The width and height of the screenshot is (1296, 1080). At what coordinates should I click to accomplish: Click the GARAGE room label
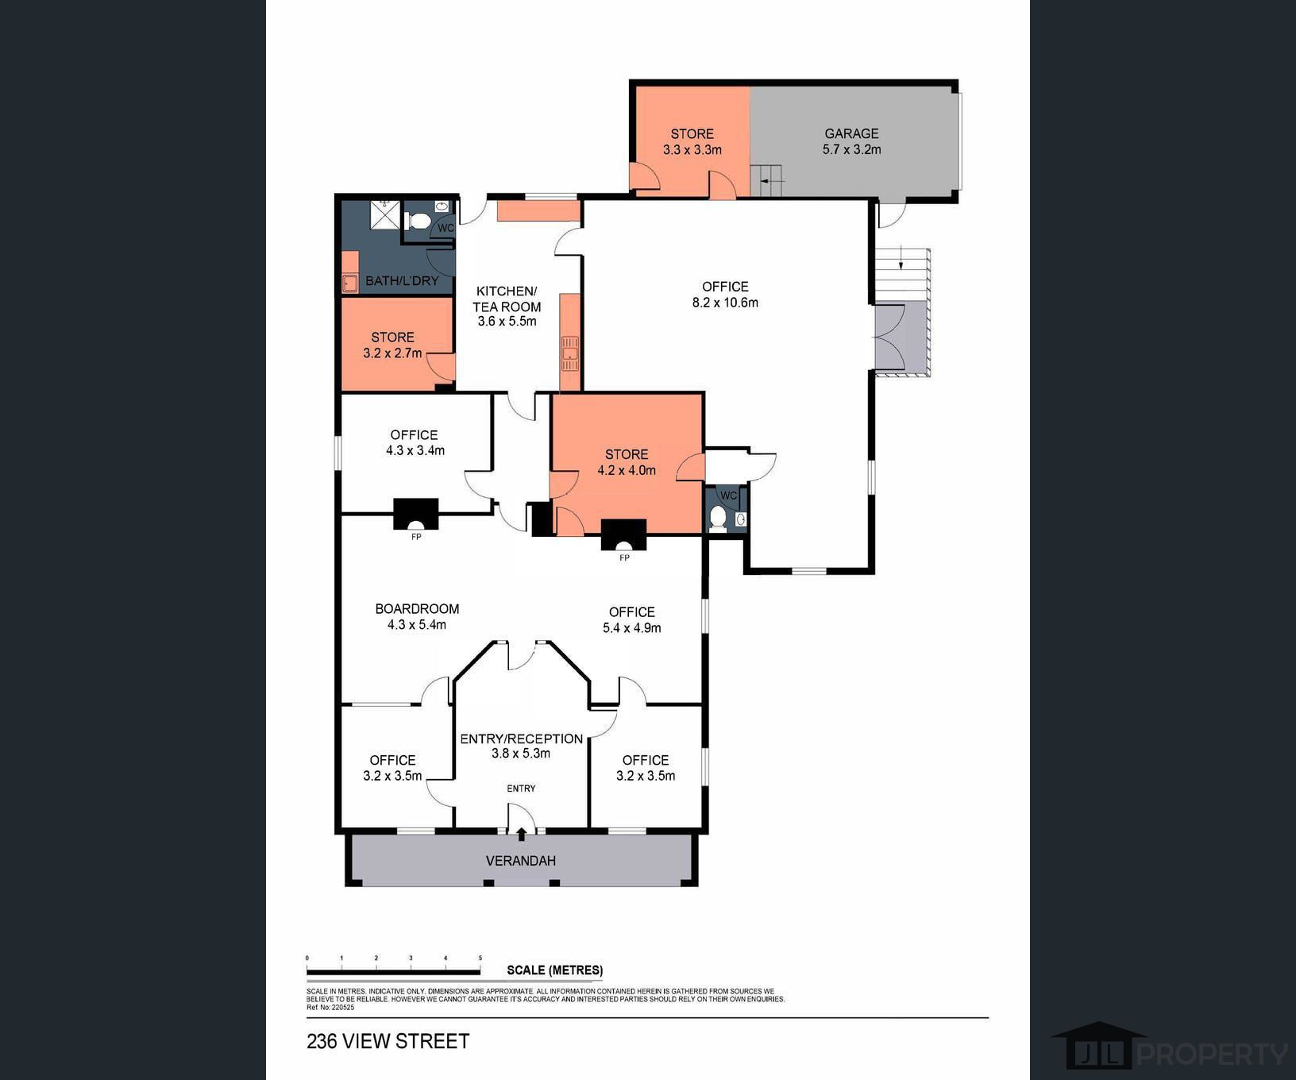click(x=851, y=133)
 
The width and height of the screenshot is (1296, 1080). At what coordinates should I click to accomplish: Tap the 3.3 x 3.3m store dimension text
click(x=692, y=149)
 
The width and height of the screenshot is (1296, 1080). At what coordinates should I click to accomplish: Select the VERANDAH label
click(x=520, y=861)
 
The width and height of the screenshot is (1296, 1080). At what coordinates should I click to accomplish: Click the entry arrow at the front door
click(x=521, y=834)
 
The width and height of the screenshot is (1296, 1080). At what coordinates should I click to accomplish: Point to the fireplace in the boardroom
click(x=416, y=515)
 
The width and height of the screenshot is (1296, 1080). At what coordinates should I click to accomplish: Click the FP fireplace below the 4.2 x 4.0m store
click(x=624, y=535)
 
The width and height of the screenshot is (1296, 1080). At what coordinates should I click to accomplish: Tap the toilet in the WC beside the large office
click(x=718, y=519)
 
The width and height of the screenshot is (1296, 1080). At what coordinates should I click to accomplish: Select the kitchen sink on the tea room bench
click(x=570, y=353)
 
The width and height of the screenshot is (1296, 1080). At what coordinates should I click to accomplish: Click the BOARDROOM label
click(x=417, y=609)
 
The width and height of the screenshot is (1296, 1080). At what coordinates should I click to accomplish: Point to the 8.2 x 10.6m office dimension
click(x=725, y=303)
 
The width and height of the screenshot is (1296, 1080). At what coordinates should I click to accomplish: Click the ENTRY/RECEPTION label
click(x=521, y=739)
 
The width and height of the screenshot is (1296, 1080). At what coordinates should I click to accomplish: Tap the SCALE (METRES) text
click(x=554, y=970)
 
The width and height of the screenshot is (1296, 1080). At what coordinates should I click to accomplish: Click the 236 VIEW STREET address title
click(x=388, y=1041)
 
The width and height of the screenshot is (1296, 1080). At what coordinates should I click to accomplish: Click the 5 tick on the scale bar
click(x=480, y=959)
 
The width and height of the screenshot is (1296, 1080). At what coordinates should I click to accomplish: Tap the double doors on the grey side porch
click(x=889, y=337)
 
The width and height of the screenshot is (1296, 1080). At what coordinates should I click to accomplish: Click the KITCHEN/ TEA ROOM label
click(x=507, y=299)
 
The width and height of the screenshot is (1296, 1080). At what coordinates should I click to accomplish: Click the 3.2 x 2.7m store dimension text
click(x=392, y=353)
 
